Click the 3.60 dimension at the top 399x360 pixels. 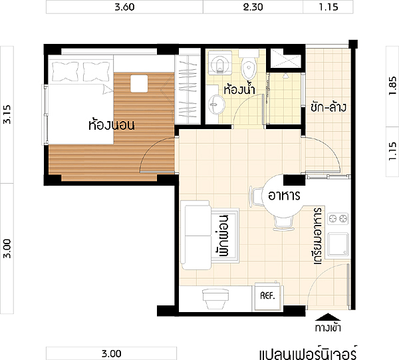coord(124,7)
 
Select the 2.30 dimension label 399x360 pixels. coord(253,7)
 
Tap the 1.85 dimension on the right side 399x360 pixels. coord(392,86)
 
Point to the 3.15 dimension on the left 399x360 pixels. coord(7,114)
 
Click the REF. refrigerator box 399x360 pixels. coord(267,296)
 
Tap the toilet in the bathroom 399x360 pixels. coord(249,65)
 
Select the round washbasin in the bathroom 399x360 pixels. coord(217,104)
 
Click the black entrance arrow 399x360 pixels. coord(328,317)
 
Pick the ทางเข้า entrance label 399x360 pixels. coord(328,327)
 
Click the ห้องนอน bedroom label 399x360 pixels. coord(112,124)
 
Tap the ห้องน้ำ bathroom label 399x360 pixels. coord(239,89)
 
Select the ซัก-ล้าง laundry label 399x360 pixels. coord(329,107)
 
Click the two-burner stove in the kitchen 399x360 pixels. coord(338,218)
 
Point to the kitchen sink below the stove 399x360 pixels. coord(338,244)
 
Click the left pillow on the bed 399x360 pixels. coord(65,71)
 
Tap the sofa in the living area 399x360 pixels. coord(196,235)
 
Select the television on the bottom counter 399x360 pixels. coord(215,299)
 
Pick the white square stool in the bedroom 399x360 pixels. coord(139,83)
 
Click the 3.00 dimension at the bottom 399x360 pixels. coord(112,353)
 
